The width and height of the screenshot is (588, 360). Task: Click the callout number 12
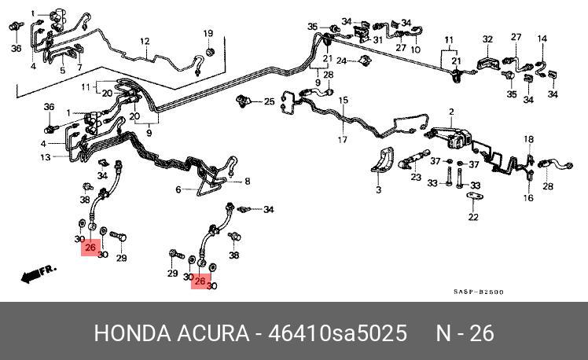tap(145, 41)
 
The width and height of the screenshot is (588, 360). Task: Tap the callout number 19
tap(208, 33)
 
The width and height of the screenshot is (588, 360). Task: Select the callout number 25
tap(270, 101)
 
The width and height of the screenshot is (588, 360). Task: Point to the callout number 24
tap(341, 61)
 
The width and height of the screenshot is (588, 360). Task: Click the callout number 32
tap(487, 39)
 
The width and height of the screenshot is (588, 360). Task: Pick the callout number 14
tap(542, 38)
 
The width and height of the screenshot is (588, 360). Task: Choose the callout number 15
tap(344, 101)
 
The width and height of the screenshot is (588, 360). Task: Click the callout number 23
tap(416, 178)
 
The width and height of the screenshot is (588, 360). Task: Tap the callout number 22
tap(473, 217)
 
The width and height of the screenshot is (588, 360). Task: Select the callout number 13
tap(46, 157)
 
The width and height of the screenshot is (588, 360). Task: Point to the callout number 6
tap(178, 189)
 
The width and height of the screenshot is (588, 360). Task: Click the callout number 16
tap(528, 198)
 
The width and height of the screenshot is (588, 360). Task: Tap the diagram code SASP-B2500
tap(478, 292)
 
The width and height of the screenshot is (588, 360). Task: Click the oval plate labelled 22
tap(473, 197)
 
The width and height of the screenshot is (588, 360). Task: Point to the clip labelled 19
tap(209, 52)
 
